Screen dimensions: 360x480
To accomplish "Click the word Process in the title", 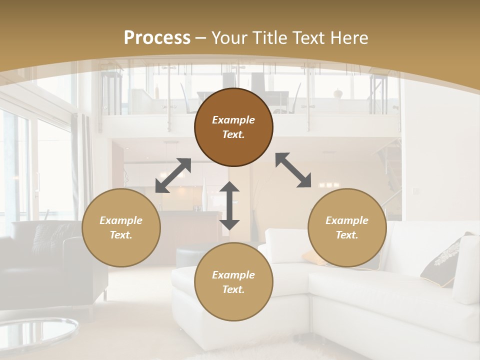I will point(157,38).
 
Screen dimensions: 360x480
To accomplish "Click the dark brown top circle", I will point(233,127).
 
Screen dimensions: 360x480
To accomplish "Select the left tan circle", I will point(121,227).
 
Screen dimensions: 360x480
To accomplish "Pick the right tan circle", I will point(347,227).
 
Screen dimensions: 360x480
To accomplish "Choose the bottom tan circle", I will point(233,282).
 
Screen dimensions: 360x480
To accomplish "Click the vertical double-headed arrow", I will point(229,205).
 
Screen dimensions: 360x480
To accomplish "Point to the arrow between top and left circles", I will point(173,175).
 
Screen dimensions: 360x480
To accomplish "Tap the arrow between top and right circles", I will point(293,170).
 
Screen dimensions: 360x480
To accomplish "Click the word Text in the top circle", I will point(233,134).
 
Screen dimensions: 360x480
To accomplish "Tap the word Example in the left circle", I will point(121,220).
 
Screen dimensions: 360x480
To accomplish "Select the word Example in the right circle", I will point(347,220).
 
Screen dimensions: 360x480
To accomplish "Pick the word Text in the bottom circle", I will point(233,289).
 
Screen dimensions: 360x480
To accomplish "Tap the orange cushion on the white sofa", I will point(312,257).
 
